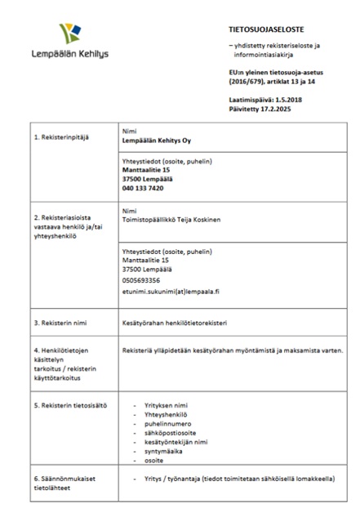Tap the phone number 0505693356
pyautogui.click(x=141, y=279)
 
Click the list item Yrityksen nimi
pyautogui.click(x=165, y=405)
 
